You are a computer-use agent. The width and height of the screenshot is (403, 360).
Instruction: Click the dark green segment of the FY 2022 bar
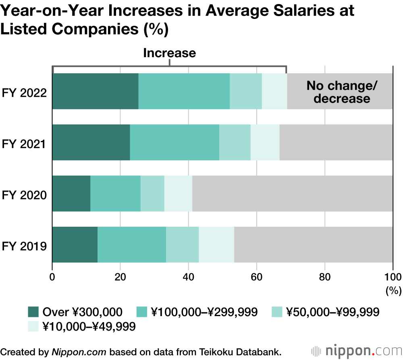[x=96, y=91]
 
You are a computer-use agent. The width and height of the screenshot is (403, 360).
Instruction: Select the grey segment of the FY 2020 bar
[x=292, y=193]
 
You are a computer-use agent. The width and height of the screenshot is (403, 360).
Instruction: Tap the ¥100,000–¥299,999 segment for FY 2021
[x=174, y=142]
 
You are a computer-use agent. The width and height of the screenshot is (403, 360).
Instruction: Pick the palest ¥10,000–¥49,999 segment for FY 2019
[x=216, y=244]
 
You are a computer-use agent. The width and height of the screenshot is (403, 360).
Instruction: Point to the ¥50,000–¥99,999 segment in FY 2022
[x=246, y=91]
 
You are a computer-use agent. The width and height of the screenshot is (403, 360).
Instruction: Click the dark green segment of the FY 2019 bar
[x=75, y=244]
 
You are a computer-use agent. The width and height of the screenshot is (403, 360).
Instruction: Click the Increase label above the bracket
[x=169, y=53]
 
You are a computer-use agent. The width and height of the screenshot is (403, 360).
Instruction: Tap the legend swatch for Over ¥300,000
[x=33, y=312]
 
